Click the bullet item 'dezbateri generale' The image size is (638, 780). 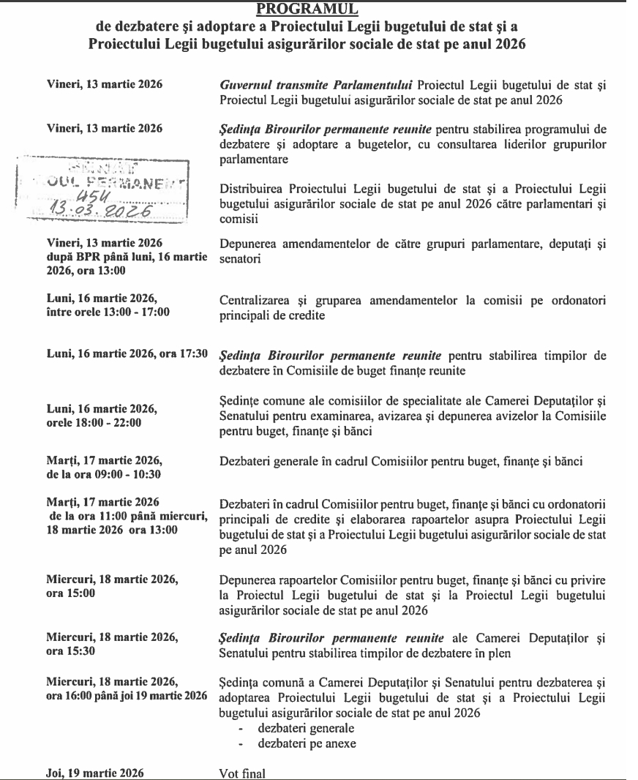296,728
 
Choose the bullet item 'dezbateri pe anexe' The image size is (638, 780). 296,743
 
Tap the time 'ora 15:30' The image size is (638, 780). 67,650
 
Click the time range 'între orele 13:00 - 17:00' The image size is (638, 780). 108,312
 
